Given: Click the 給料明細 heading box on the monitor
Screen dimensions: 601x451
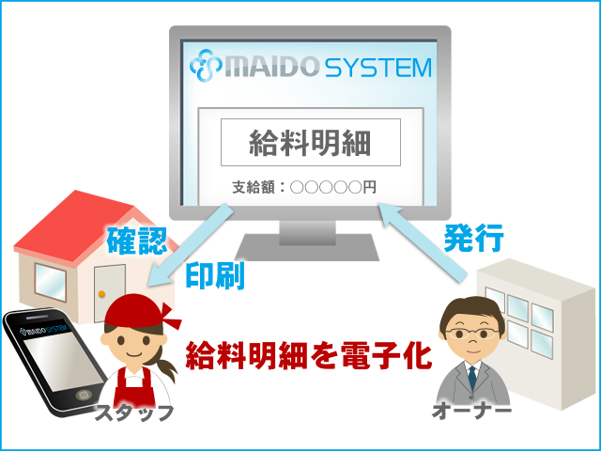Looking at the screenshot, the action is pyautogui.click(x=311, y=142).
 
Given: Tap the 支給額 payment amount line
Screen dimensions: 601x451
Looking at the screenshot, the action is pyautogui.click(x=304, y=187).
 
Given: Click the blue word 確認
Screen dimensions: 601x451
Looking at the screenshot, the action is pyautogui.click(x=136, y=241).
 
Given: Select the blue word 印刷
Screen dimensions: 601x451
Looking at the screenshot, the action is pyautogui.click(x=215, y=275).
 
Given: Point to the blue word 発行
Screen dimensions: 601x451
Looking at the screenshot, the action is pyautogui.click(x=473, y=238).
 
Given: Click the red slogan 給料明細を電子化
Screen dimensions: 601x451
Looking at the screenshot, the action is pyautogui.click(x=309, y=355).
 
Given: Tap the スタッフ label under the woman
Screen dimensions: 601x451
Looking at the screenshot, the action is pyautogui.click(x=133, y=413).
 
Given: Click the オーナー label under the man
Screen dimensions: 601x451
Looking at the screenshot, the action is pyautogui.click(x=471, y=411).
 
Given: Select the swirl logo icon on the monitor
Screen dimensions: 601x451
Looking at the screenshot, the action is pyautogui.click(x=206, y=65).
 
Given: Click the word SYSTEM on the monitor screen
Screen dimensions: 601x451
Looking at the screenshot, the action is pyautogui.click(x=378, y=68).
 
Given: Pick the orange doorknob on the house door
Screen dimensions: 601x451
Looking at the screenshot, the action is pyautogui.click(x=101, y=294).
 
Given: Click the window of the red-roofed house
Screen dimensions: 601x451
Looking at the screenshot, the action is pyautogui.click(x=50, y=282).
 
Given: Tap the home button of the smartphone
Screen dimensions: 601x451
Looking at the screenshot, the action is pyautogui.click(x=83, y=395).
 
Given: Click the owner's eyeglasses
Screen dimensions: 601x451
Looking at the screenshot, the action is pyautogui.click(x=472, y=333).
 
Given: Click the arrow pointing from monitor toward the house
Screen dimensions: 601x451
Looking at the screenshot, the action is pyautogui.click(x=191, y=245).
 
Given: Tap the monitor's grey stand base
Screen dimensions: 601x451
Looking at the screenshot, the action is pyautogui.click(x=307, y=247).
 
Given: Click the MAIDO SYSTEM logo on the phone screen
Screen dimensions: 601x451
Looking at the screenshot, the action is pyautogui.click(x=44, y=329).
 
